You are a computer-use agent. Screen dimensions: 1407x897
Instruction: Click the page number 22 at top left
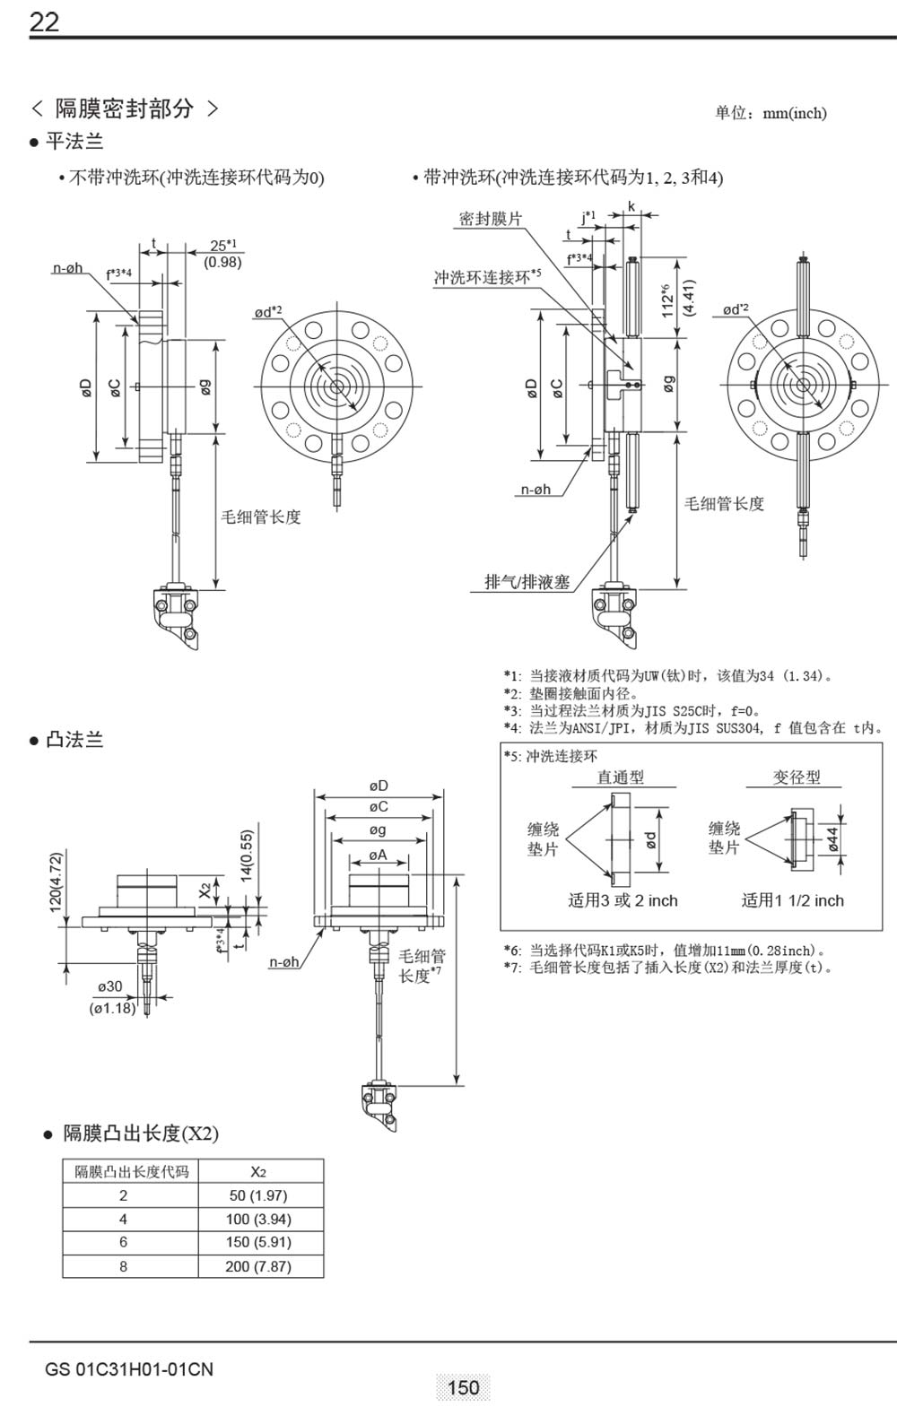pyautogui.click(x=44, y=22)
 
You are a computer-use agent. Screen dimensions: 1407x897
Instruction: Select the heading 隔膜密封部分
pyautogui.click(x=125, y=109)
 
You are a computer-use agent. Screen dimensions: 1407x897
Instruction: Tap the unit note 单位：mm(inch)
pyautogui.click(x=771, y=113)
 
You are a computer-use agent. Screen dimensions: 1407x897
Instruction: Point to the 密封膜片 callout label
pyautogui.click(x=490, y=219)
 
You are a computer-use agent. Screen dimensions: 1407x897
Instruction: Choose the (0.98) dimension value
pyautogui.click(x=222, y=262)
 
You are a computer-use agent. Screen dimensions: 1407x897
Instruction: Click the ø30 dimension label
pyautogui.click(x=110, y=986)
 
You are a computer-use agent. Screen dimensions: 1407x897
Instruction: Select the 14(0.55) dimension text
pyautogui.click(x=247, y=856)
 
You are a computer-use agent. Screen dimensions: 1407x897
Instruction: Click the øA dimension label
pyautogui.click(x=378, y=855)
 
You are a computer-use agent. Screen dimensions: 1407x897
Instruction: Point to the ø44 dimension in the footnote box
pyautogui.click(x=832, y=838)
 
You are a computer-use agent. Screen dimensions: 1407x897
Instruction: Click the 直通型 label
pyautogui.click(x=621, y=777)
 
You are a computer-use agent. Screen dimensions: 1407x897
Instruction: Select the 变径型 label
pyautogui.click(x=797, y=777)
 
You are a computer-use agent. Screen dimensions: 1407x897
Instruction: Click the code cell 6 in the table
pyautogui.click(x=124, y=1242)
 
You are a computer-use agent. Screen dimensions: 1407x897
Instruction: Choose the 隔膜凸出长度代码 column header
pyautogui.click(x=131, y=1171)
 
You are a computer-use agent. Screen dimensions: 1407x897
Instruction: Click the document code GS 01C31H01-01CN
pyautogui.click(x=129, y=1369)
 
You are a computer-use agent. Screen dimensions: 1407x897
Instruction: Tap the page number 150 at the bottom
pyautogui.click(x=463, y=1387)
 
